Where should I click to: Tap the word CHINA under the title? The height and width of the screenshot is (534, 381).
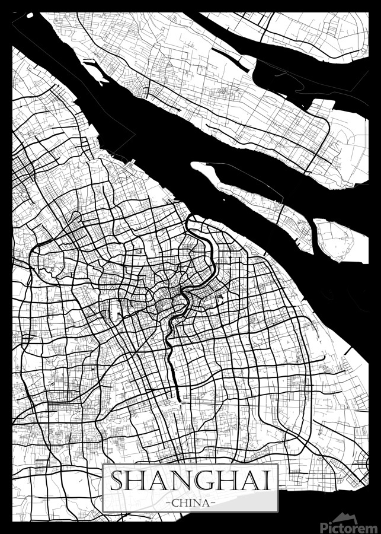[191, 503]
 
